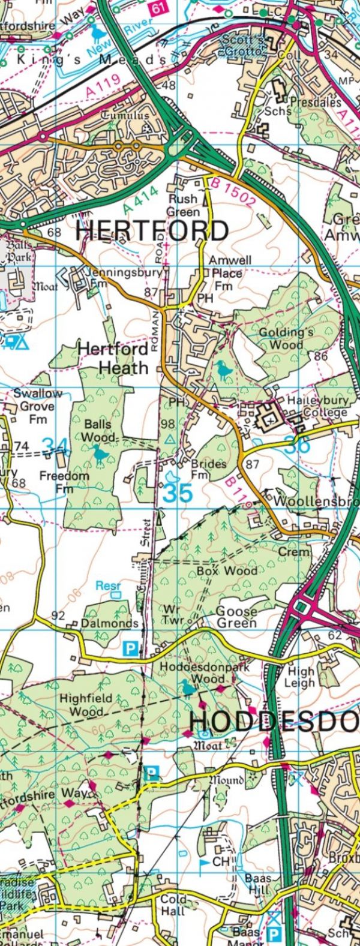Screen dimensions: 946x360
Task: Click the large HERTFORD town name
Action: tap(152, 231)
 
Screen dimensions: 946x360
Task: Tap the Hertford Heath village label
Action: tap(113, 358)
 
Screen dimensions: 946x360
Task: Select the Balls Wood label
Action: tap(97, 430)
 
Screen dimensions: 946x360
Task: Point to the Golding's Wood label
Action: tap(281, 338)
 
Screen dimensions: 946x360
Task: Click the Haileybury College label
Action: tap(316, 406)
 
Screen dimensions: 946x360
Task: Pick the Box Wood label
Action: tap(227, 571)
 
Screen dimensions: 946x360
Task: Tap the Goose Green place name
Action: tap(236, 617)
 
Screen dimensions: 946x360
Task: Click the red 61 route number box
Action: tap(158, 8)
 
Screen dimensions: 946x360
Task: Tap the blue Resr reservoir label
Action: tap(109, 585)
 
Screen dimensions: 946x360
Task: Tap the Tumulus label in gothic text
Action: tap(125, 115)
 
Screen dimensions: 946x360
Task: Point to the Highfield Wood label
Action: tap(82, 705)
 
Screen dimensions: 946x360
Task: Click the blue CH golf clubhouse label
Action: tap(221, 861)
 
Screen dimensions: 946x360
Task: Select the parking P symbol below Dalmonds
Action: tap(129, 648)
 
